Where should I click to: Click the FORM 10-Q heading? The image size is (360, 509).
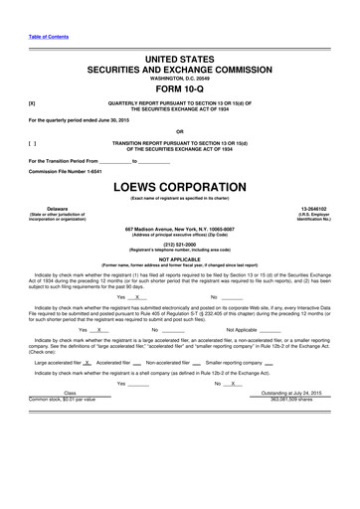point(179,86)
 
